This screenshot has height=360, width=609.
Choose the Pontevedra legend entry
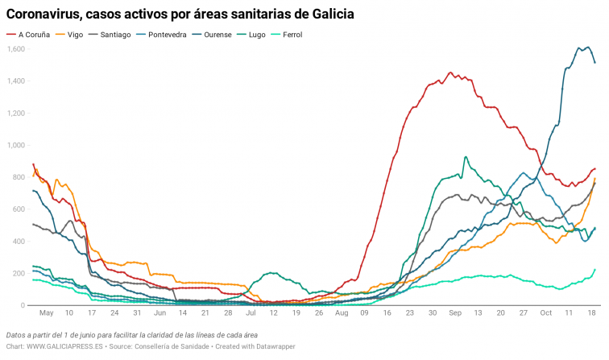168,35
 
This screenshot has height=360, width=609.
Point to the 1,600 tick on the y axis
16,49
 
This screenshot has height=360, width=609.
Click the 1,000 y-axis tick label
16,145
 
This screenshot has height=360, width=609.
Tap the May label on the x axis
46,312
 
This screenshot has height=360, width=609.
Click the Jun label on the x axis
159,312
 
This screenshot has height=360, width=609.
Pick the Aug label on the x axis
342,312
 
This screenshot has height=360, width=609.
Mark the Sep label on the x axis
455,312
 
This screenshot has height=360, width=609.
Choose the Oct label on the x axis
546,312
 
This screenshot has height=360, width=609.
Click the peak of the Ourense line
578,48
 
